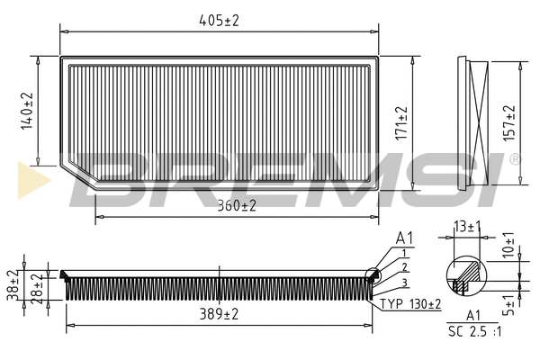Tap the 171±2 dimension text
(x=401, y=122)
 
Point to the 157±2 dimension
(x=509, y=122)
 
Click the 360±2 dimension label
(x=236, y=206)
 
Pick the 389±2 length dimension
(x=218, y=314)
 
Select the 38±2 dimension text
(x=13, y=283)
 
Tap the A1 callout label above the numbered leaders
(x=405, y=238)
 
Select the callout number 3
(x=406, y=283)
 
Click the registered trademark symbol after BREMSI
(x=515, y=159)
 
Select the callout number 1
(x=406, y=254)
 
